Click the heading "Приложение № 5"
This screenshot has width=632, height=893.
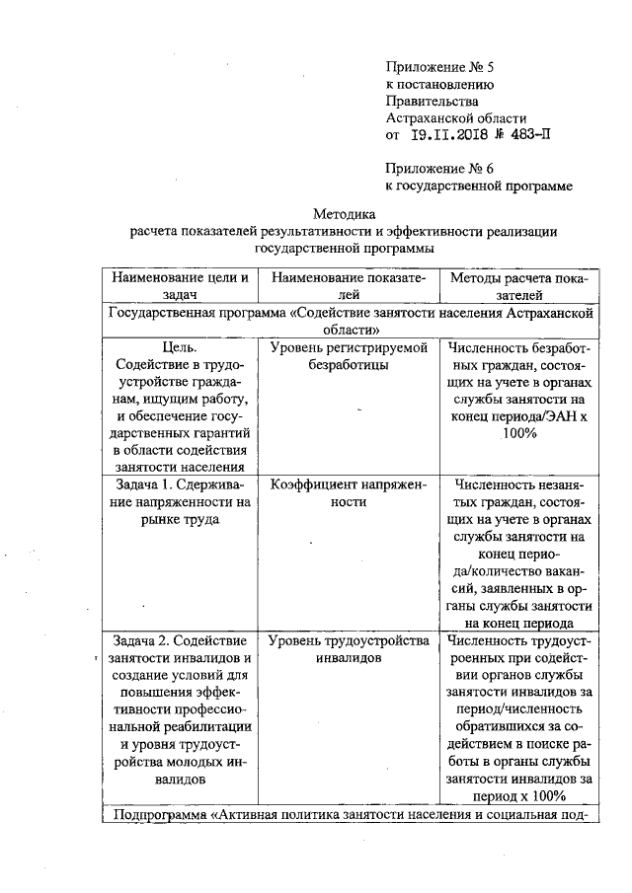click(x=437, y=67)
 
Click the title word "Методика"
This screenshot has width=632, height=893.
click(x=345, y=213)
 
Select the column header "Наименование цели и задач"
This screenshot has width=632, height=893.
click(x=178, y=285)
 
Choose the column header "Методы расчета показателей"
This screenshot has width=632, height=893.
click(x=518, y=285)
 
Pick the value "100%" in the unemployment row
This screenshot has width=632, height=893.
click(x=518, y=433)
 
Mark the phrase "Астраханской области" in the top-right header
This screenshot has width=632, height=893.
click(x=455, y=117)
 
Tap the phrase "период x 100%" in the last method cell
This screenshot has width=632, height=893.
click(x=518, y=795)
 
